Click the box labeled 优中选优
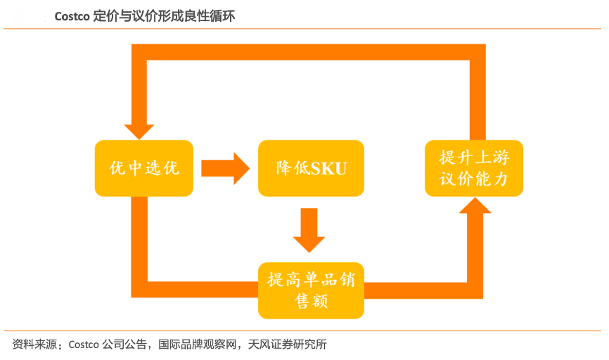click(x=143, y=168)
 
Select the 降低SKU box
click(x=311, y=168)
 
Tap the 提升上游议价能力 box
click(x=473, y=168)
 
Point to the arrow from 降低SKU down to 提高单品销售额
click(x=309, y=229)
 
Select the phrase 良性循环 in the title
click(x=212, y=16)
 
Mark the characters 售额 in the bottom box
click(x=311, y=301)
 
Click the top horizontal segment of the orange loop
click(x=309, y=52)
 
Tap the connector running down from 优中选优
click(x=139, y=239)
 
